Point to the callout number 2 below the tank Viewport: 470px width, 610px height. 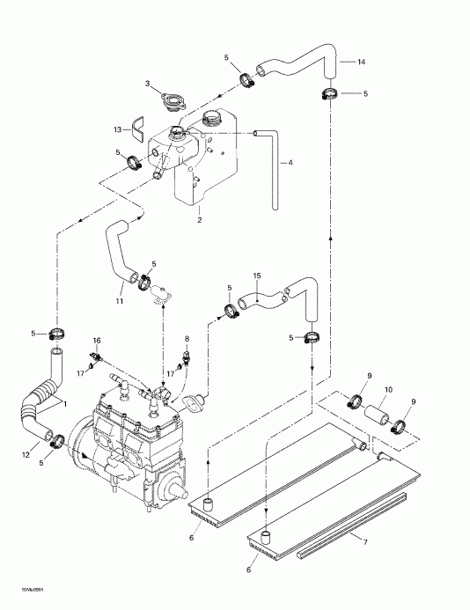[200, 219]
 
